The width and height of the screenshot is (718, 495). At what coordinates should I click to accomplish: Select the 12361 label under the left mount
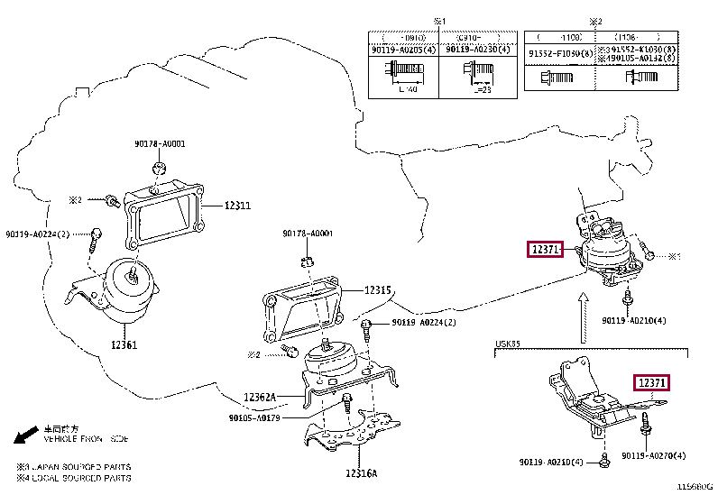click(x=124, y=344)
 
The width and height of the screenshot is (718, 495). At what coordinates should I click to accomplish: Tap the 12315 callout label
click(x=378, y=290)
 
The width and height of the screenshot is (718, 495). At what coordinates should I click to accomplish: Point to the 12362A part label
click(x=261, y=397)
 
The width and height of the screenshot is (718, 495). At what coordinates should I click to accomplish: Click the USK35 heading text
click(x=507, y=343)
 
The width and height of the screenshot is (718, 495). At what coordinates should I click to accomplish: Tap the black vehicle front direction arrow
click(x=26, y=438)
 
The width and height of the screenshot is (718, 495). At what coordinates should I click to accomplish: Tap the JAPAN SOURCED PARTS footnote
click(x=74, y=466)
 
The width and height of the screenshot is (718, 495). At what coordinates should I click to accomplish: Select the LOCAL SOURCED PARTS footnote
click(x=74, y=478)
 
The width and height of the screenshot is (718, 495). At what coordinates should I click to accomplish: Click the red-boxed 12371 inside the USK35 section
click(x=652, y=383)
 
